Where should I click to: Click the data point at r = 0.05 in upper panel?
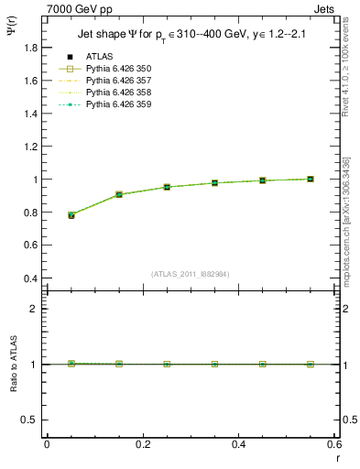pyautogui.click(x=71, y=215)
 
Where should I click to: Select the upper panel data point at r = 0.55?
pyautogui.click(x=311, y=179)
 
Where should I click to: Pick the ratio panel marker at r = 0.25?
pyautogui.click(x=167, y=364)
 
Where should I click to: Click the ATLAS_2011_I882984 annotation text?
pyautogui.click(x=189, y=273)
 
